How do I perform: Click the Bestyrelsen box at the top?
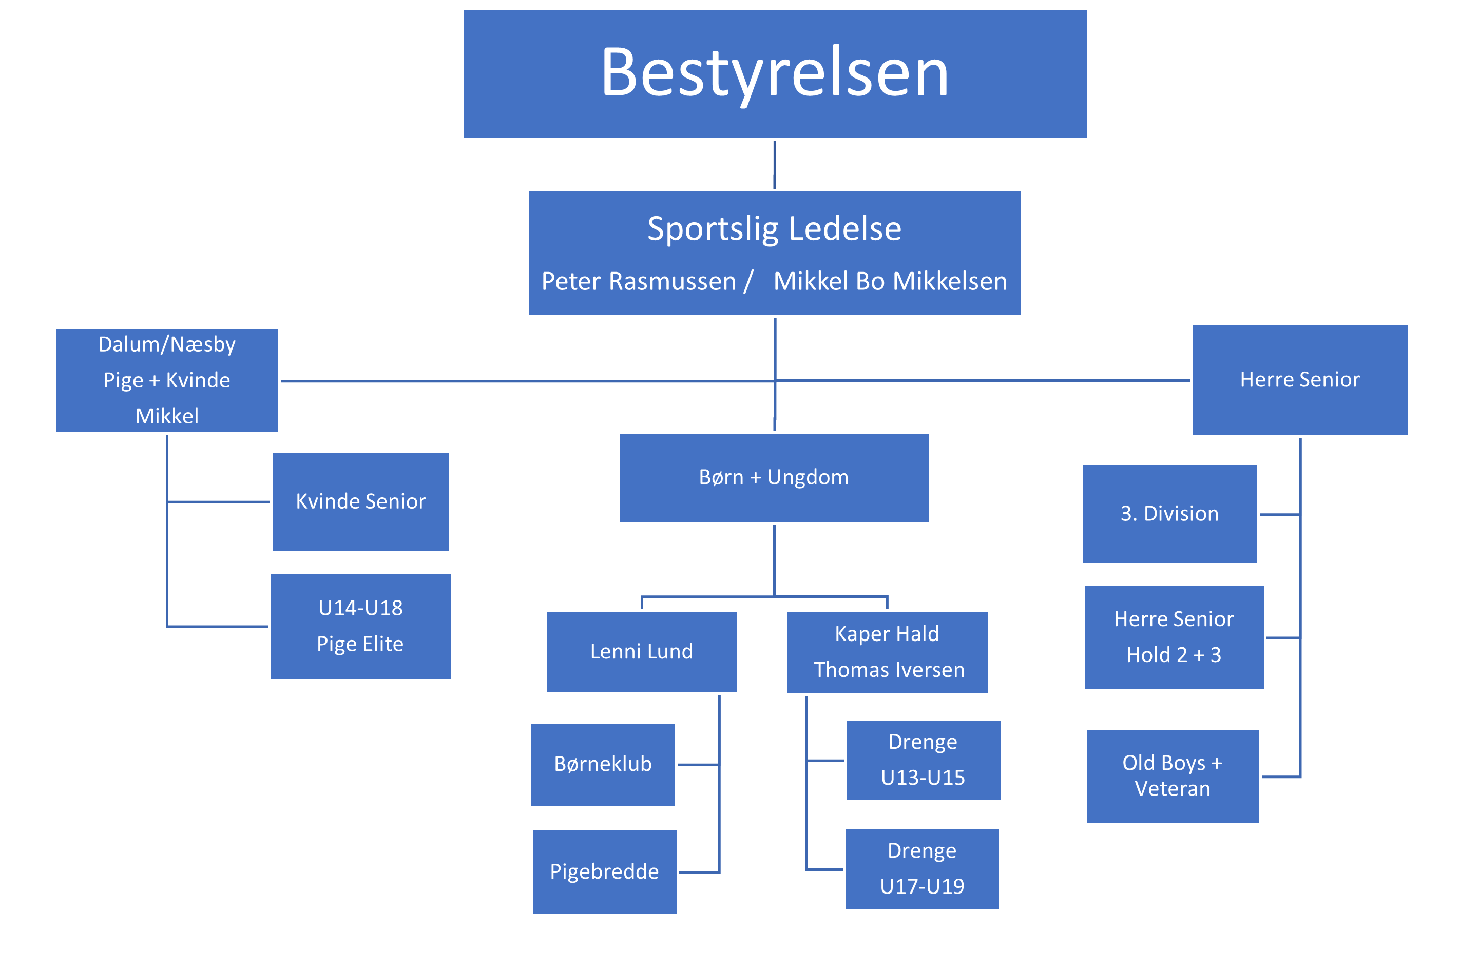pyautogui.click(x=774, y=74)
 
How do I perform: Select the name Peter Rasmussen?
pyautogui.click(x=638, y=281)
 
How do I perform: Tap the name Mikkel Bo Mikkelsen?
pyautogui.click(x=890, y=281)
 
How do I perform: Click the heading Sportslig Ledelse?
pyautogui.click(x=774, y=229)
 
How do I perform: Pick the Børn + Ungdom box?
pyautogui.click(x=774, y=477)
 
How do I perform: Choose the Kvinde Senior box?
pyautogui.click(x=360, y=501)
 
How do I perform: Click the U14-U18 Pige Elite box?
pyautogui.click(x=360, y=626)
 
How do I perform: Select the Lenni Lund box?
pyautogui.click(x=642, y=652)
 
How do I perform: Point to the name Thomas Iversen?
pyautogui.click(x=889, y=670)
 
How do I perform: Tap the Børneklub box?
pyautogui.click(x=603, y=764)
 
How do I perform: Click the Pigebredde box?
pyautogui.click(x=604, y=872)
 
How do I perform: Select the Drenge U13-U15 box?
pyautogui.click(x=923, y=760)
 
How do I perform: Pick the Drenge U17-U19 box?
pyautogui.click(x=922, y=869)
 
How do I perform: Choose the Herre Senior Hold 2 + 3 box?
pyautogui.click(x=1174, y=637)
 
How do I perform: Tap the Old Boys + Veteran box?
pyautogui.click(x=1173, y=776)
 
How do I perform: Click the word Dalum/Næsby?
pyautogui.click(x=167, y=344)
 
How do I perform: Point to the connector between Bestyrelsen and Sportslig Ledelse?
pyautogui.click(x=774, y=165)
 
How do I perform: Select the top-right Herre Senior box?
pyautogui.click(x=1300, y=380)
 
